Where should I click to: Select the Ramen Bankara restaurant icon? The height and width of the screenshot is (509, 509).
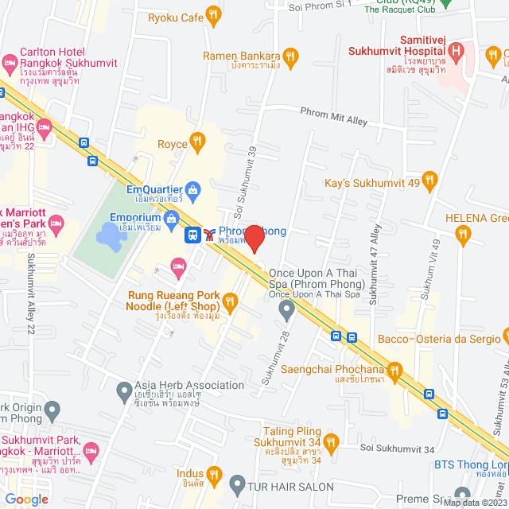pyautogui.click(x=292, y=56)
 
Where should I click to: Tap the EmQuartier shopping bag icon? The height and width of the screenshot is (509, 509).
pyautogui.click(x=192, y=190)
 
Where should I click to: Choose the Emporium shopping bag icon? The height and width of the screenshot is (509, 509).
pyautogui.click(x=170, y=217)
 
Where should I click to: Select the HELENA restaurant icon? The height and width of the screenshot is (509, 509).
pyautogui.click(x=464, y=233)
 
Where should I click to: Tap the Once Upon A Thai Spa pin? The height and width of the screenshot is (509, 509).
pyautogui.click(x=286, y=309)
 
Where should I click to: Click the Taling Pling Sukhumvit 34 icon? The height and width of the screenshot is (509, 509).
pyautogui.click(x=332, y=440)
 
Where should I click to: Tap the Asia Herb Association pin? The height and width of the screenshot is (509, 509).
pyautogui.click(x=123, y=390)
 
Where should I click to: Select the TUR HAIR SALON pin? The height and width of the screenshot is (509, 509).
pyautogui.click(x=237, y=484)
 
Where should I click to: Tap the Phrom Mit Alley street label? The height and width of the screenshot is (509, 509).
pyautogui.click(x=333, y=116)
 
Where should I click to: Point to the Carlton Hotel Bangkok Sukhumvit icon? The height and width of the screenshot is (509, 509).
pyautogui.click(x=10, y=61)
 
